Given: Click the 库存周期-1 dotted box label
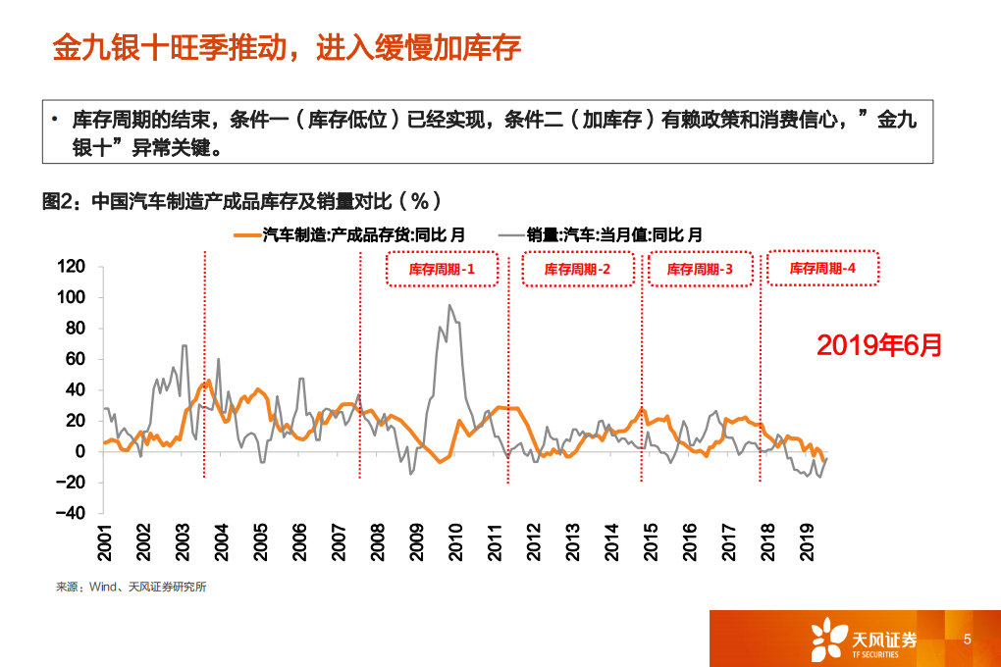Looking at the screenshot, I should click(x=441, y=269).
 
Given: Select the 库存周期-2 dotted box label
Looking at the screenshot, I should click(x=576, y=269).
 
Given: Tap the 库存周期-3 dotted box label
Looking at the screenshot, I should click(x=700, y=269).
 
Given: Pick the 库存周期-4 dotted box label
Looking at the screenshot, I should click(x=822, y=268).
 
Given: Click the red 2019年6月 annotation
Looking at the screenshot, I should click(x=878, y=344).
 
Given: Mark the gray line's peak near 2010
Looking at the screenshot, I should click(x=449, y=305).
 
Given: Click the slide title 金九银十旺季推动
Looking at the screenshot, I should click(x=285, y=47).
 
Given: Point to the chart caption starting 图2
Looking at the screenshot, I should click(x=241, y=201).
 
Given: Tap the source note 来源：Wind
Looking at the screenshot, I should click(x=131, y=587).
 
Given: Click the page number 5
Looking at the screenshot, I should click(x=967, y=639).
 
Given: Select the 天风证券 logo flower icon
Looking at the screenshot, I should click(x=826, y=639).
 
